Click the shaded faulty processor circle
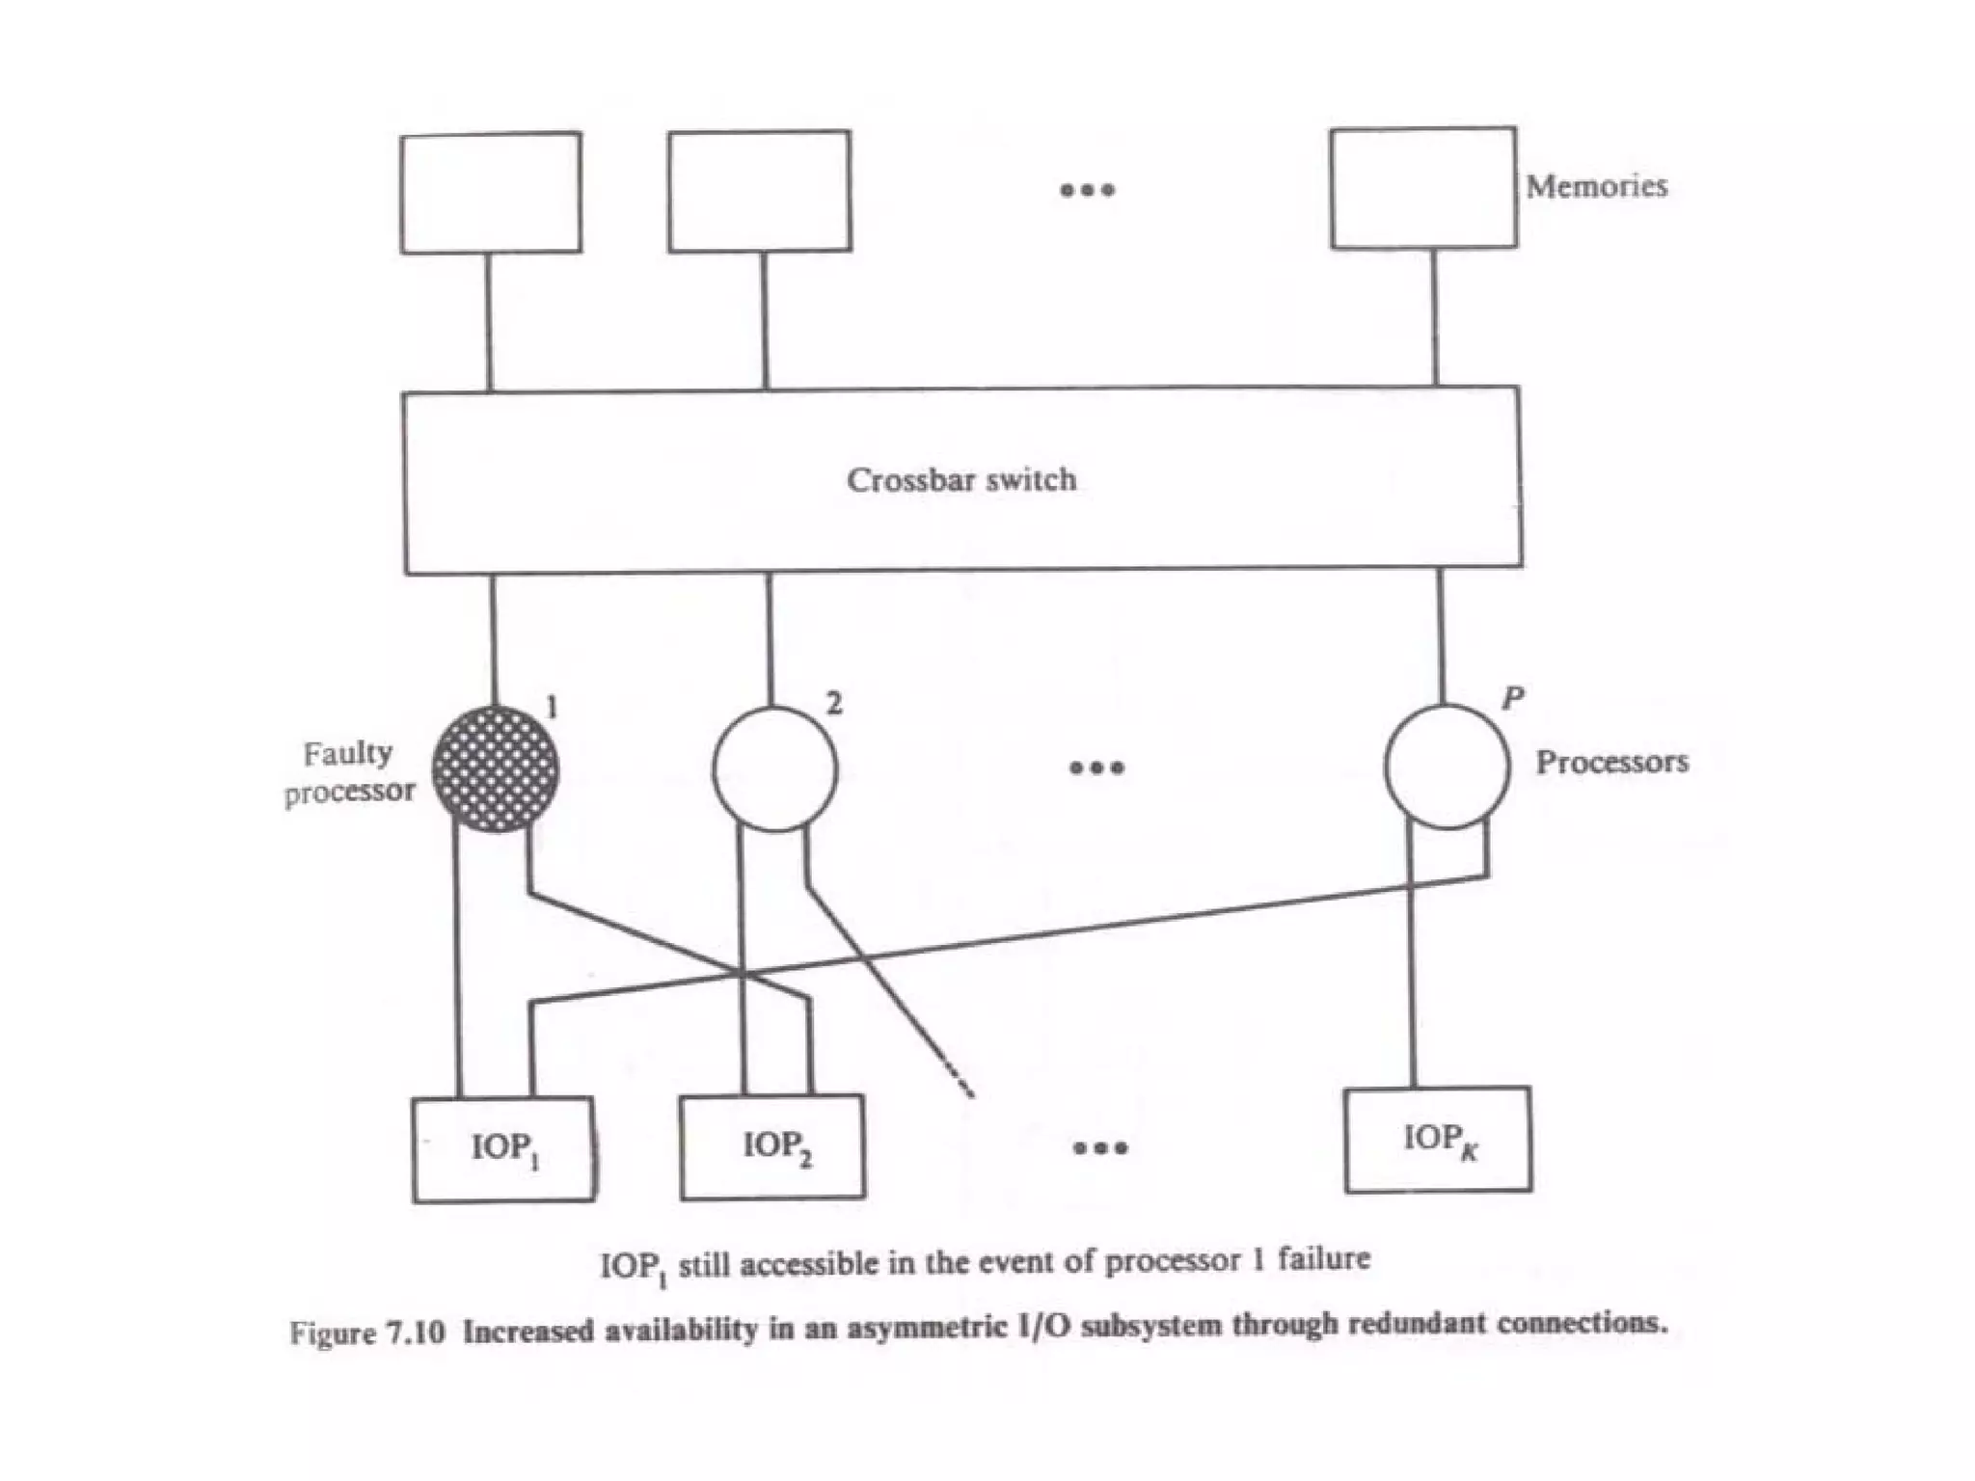(x=495, y=768)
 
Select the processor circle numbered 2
(x=774, y=768)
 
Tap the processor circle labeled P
(x=1447, y=767)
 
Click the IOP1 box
(x=502, y=1149)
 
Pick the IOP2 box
(x=772, y=1146)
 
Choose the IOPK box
(x=1437, y=1140)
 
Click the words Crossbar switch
(x=961, y=479)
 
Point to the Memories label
(x=1596, y=186)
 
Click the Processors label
(x=1611, y=762)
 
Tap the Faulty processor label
(x=349, y=771)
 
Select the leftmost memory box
(x=491, y=193)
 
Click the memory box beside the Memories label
(x=1423, y=188)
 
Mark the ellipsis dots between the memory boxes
(x=1087, y=190)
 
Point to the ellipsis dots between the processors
(x=1096, y=767)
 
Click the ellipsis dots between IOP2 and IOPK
(x=1100, y=1147)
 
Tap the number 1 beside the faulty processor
(x=552, y=708)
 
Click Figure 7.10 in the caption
(x=366, y=1333)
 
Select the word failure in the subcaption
(x=1323, y=1259)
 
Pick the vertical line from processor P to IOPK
(x=1413, y=964)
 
